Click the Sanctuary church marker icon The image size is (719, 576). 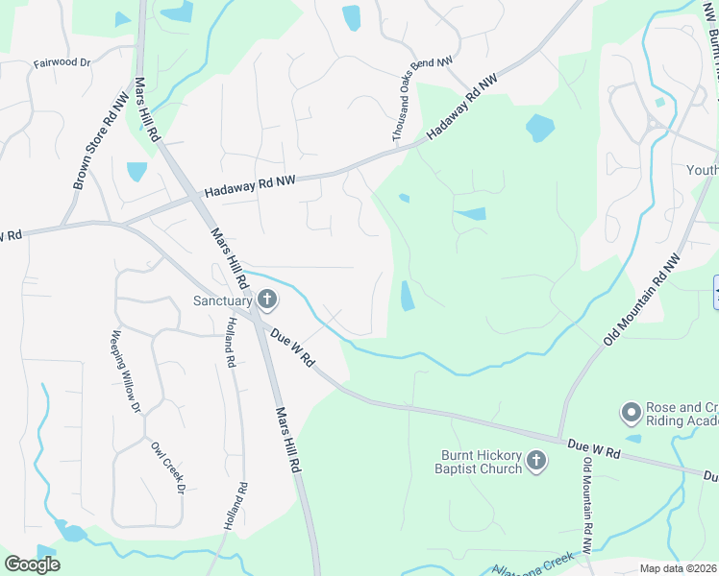coord(267,301)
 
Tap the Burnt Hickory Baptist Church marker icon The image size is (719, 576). coord(536,463)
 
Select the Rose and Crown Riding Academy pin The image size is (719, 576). coord(632,414)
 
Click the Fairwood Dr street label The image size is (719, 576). coord(62,62)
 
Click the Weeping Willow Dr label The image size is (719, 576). coord(126,372)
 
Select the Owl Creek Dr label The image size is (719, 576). coord(166,469)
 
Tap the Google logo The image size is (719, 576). coord(32,564)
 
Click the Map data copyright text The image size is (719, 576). coord(679,568)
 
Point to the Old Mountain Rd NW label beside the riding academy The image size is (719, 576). coord(642,300)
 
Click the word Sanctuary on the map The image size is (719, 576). coord(222,301)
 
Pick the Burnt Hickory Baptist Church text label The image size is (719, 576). coord(482,463)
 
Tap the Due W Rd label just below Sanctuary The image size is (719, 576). coord(293,348)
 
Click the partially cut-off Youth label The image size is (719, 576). coord(703,170)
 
